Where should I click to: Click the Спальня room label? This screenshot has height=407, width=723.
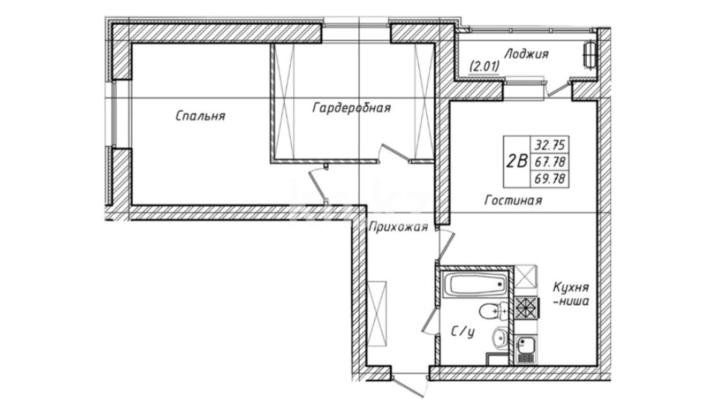click(200, 116)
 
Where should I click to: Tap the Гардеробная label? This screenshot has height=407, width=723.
click(352, 108)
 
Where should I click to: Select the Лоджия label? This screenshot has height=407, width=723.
click(526, 54)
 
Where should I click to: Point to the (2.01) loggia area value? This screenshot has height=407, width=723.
click(484, 67)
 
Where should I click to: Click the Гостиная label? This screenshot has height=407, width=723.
click(513, 200)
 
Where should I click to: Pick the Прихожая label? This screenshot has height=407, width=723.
click(398, 227)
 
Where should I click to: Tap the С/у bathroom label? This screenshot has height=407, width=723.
click(463, 332)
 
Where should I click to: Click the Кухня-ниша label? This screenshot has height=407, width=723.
click(571, 294)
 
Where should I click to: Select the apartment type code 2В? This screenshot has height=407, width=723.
click(516, 162)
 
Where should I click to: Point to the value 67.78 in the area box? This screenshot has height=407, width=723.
click(550, 162)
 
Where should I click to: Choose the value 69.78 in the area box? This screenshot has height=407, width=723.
click(550, 179)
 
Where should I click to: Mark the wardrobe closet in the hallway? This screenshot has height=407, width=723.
click(377, 313)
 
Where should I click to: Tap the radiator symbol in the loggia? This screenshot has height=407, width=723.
click(589, 55)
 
